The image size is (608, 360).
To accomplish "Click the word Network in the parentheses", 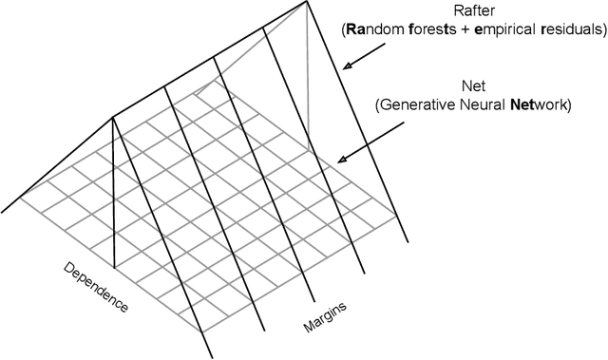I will coord(536,105).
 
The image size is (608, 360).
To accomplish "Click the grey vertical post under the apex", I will coord(308,76).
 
